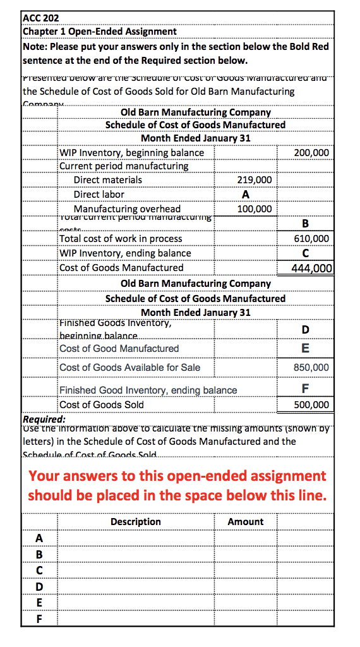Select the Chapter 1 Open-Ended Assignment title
pyautogui.click(x=100, y=31)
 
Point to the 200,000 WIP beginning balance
pyautogui.click(x=311, y=153)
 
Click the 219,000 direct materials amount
pyautogui.click(x=255, y=180)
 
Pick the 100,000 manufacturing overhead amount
pyautogui.click(x=255, y=209)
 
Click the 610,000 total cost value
pyautogui.click(x=311, y=239)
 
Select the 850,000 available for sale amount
pyautogui.click(x=311, y=367)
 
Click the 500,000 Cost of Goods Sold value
pyautogui.click(x=311, y=405)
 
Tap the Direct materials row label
pyautogui.click(x=108, y=180)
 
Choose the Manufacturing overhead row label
pyautogui.click(x=127, y=209)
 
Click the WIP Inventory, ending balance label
pyautogui.click(x=125, y=253)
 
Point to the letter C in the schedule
pyautogui.click(x=306, y=253)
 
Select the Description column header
pyautogui.click(x=136, y=522)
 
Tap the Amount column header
pyautogui.click(x=246, y=522)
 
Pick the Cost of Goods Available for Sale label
pyautogui.click(x=129, y=367)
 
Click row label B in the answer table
pyautogui.click(x=40, y=554)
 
